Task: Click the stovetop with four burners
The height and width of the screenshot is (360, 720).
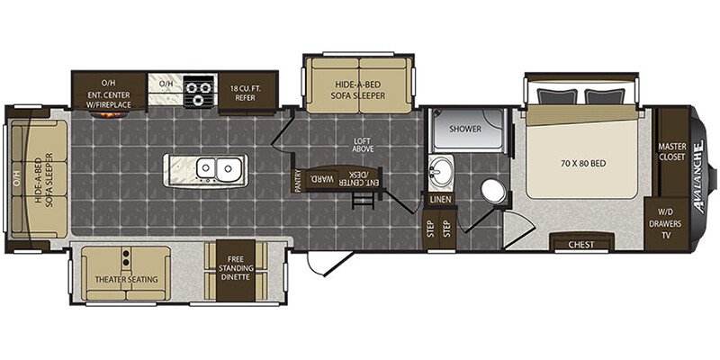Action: click(x=199, y=92)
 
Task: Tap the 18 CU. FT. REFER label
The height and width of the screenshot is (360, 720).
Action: click(x=247, y=93)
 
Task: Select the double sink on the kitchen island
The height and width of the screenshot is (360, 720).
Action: click(x=216, y=169)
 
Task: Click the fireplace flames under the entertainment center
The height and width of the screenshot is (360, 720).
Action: click(x=109, y=114)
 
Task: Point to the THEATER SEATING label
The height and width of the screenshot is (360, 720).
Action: click(x=126, y=279)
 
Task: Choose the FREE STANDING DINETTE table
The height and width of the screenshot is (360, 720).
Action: click(x=236, y=271)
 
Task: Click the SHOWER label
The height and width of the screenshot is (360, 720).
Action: click(x=465, y=129)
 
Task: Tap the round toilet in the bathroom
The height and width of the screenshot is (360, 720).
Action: click(x=492, y=191)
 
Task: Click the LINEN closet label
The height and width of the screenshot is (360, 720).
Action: click(x=441, y=200)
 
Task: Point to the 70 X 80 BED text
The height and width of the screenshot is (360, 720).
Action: click(x=581, y=163)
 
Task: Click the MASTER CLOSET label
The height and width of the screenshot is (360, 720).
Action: click(x=672, y=151)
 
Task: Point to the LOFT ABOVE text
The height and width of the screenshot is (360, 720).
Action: click(x=363, y=145)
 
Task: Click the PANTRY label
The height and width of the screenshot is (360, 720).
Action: click(x=298, y=182)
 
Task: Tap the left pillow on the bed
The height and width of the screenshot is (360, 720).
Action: click(x=553, y=97)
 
